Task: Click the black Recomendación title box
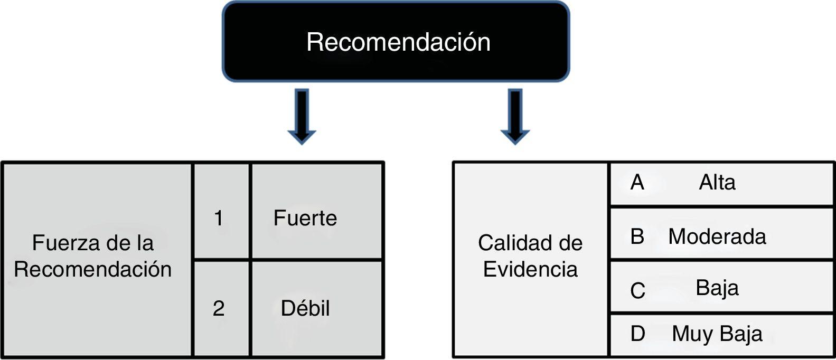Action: click(396, 42)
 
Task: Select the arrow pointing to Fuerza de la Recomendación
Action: click(302, 116)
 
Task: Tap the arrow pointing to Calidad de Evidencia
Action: click(515, 116)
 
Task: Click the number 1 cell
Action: click(219, 218)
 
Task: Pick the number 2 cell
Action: click(219, 308)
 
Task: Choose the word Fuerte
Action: click(305, 218)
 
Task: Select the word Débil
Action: click(305, 308)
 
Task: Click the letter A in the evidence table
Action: click(637, 183)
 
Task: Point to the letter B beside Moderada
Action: click(637, 236)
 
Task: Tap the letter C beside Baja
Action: click(638, 290)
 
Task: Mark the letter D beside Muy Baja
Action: click(638, 334)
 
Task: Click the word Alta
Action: click(717, 183)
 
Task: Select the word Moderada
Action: click(717, 236)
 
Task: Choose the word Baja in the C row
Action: click(717, 288)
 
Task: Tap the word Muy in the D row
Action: click(692, 334)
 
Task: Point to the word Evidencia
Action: click(530, 270)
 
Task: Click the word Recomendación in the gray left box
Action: click(93, 270)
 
